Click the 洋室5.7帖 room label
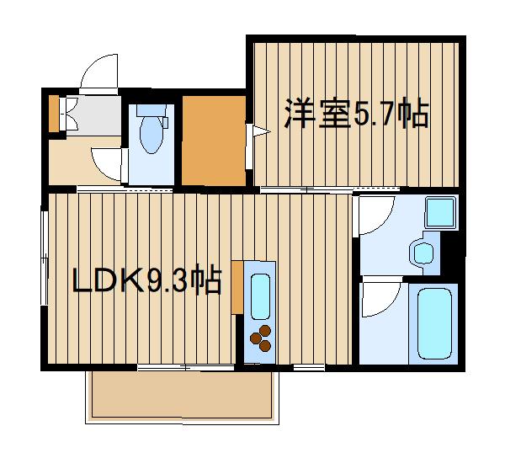tap(357, 114)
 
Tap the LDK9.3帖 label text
tap(146, 280)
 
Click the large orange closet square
tap(213, 141)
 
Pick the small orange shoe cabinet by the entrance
tap(54, 114)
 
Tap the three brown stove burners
tap(259, 337)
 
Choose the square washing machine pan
tap(439, 212)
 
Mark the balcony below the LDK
tap(182, 396)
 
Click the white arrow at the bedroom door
tap(260, 130)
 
